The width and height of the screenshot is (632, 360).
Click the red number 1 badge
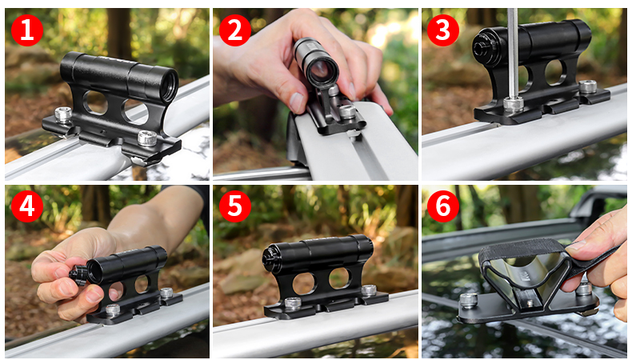click(x=27, y=30)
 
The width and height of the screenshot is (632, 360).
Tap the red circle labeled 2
click(x=234, y=30)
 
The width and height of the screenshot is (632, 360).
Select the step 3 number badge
click(x=442, y=30)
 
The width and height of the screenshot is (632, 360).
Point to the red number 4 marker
click(x=27, y=206)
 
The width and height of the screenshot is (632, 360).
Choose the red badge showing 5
click(x=234, y=206)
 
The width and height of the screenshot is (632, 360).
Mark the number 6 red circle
click(x=442, y=206)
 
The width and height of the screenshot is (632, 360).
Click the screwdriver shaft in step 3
click(x=512, y=48)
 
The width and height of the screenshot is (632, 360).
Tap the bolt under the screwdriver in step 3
click(x=513, y=103)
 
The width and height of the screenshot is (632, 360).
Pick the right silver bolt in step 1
click(x=147, y=138)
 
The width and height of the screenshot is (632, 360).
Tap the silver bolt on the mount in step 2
click(x=346, y=113)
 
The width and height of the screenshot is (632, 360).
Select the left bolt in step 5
click(x=294, y=303)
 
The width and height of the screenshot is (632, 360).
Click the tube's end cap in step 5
click(x=270, y=258)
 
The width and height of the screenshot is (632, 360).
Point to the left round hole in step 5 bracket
click(x=304, y=282)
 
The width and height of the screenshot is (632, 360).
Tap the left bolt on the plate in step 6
click(x=469, y=299)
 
